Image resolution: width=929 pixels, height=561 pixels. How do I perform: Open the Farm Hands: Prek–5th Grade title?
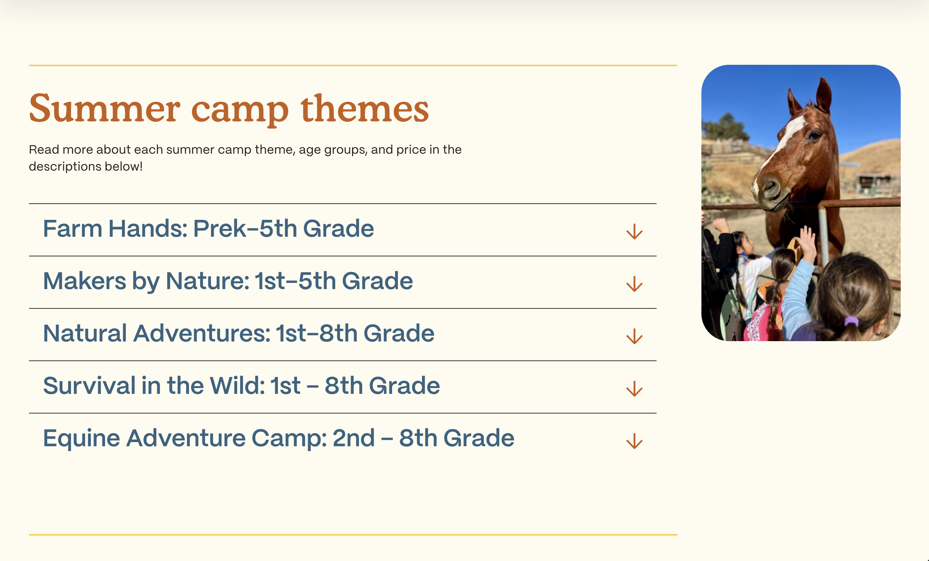(209, 229)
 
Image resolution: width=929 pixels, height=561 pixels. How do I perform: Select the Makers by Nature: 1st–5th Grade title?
(228, 281)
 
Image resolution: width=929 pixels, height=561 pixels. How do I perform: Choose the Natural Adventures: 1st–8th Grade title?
(239, 334)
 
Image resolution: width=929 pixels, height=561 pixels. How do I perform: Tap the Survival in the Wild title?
(241, 386)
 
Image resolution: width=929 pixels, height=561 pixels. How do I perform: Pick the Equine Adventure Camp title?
(279, 438)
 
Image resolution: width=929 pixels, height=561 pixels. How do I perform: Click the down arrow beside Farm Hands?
(635, 232)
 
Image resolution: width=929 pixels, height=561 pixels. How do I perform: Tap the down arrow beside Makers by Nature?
(635, 284)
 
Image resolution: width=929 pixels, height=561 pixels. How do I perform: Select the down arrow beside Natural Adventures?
(635, 336)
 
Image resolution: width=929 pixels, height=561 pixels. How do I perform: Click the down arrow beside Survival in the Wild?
(635, 389)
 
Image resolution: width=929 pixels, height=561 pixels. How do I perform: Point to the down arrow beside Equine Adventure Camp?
(635, 441)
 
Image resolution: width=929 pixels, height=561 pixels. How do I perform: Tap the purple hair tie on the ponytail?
(851, 322)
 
